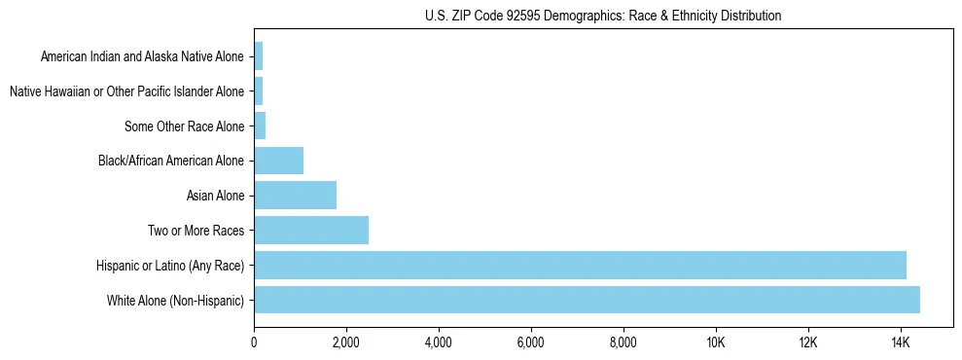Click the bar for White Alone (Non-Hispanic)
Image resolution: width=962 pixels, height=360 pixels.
[587, 300]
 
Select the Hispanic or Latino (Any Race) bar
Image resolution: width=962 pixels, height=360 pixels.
[580, 265]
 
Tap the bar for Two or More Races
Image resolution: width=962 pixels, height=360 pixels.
[311, 230]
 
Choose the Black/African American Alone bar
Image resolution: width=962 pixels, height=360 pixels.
[278, 161]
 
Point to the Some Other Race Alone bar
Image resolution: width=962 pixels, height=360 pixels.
[260, 126]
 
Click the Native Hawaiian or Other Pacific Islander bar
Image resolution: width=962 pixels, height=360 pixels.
[258, 91]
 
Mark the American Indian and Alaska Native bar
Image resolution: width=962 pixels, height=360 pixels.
[258, 56]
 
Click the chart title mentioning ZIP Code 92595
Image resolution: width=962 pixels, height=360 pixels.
[603, 16]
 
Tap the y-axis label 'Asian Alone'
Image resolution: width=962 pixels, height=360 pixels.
[216, 196]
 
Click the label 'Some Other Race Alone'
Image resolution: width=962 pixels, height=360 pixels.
[185, 126]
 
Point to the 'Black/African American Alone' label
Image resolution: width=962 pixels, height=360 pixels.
[171, 161]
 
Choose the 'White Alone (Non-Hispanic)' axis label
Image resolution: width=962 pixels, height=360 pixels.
[176, 300]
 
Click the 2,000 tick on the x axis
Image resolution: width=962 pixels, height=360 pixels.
[346, 342]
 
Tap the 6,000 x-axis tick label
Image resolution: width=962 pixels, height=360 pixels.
[531, 342]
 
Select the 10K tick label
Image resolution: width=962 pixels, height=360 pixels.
[716, 342]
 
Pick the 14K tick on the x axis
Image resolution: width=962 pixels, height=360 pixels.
[900, 342]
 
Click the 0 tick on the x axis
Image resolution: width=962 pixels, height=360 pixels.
[254, 342]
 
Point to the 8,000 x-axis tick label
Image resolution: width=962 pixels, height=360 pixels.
[624, 342]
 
